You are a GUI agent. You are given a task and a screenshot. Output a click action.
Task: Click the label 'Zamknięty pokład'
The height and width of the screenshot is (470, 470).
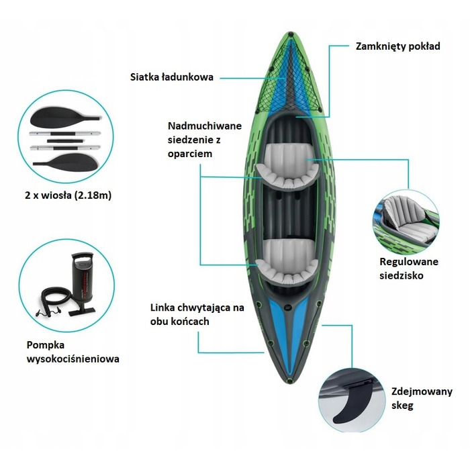coord(397,47)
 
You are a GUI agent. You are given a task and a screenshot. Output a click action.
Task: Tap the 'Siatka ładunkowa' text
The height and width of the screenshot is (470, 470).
coord(172,77)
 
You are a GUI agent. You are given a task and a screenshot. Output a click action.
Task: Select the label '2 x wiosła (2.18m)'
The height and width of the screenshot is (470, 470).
coord(68,195)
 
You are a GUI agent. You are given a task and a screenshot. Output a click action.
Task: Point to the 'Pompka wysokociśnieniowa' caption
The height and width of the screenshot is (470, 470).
coord(73,352)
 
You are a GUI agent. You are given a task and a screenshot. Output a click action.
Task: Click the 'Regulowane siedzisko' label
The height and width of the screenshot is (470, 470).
coord(409,269)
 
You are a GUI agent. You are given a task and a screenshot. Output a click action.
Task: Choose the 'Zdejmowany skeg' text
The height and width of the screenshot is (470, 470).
coord(422,398)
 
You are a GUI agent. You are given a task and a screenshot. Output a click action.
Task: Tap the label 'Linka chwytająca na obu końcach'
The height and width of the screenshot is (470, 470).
coord(197,314)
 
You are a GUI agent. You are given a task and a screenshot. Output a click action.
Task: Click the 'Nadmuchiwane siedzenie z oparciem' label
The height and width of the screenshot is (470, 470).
coord(205,140)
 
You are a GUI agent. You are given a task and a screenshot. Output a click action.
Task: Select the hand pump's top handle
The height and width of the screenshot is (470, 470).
coord(82,257)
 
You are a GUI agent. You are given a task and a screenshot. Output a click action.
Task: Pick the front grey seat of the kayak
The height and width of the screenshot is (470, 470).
coord(287,168)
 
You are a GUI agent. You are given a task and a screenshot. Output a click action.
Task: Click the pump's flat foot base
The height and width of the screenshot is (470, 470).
coord(82,311)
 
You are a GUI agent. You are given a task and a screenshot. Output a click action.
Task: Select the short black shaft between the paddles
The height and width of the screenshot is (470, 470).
coord(66,140)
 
